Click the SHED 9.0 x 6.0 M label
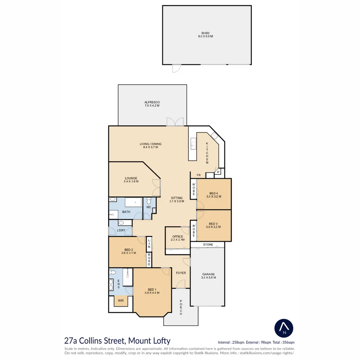coord(205,35)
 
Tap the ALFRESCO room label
coord(152,104)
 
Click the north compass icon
coord(284,328)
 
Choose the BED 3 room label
coord(214,225)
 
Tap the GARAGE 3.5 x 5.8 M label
coord(208,276)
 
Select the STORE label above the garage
coord(208,245)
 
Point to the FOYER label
coord(181,273)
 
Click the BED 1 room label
coord(152,291)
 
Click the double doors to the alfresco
coord(175,122)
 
